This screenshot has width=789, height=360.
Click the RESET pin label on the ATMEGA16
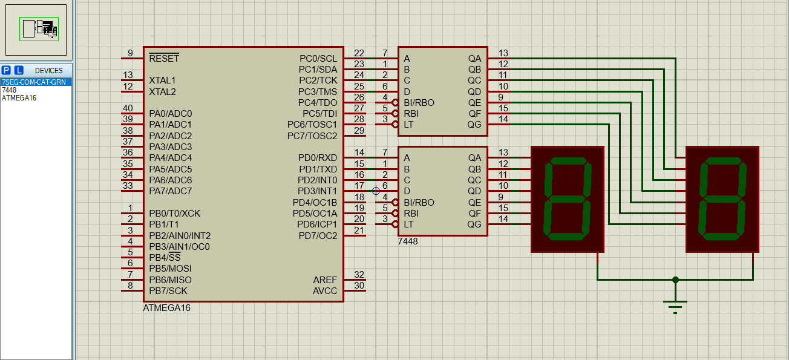164,59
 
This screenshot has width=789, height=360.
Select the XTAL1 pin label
162,80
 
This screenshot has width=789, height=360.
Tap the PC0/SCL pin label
318,59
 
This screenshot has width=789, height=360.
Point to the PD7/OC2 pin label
318,235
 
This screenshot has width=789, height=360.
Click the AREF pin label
325,280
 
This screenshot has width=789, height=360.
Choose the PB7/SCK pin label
168,291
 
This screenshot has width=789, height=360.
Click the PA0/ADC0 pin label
170,114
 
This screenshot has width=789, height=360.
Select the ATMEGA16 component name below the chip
166,307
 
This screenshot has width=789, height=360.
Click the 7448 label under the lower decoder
407,241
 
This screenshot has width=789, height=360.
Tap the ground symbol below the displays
675,306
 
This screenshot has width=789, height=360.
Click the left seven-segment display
568,199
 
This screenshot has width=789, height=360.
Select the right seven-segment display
722,199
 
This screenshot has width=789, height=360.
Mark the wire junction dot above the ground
675,280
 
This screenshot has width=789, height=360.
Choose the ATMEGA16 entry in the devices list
19,98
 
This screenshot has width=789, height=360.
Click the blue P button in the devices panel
7,70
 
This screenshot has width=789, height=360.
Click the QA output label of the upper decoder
474,59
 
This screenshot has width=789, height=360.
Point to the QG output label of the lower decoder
474,224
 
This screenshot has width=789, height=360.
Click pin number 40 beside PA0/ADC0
128,109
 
